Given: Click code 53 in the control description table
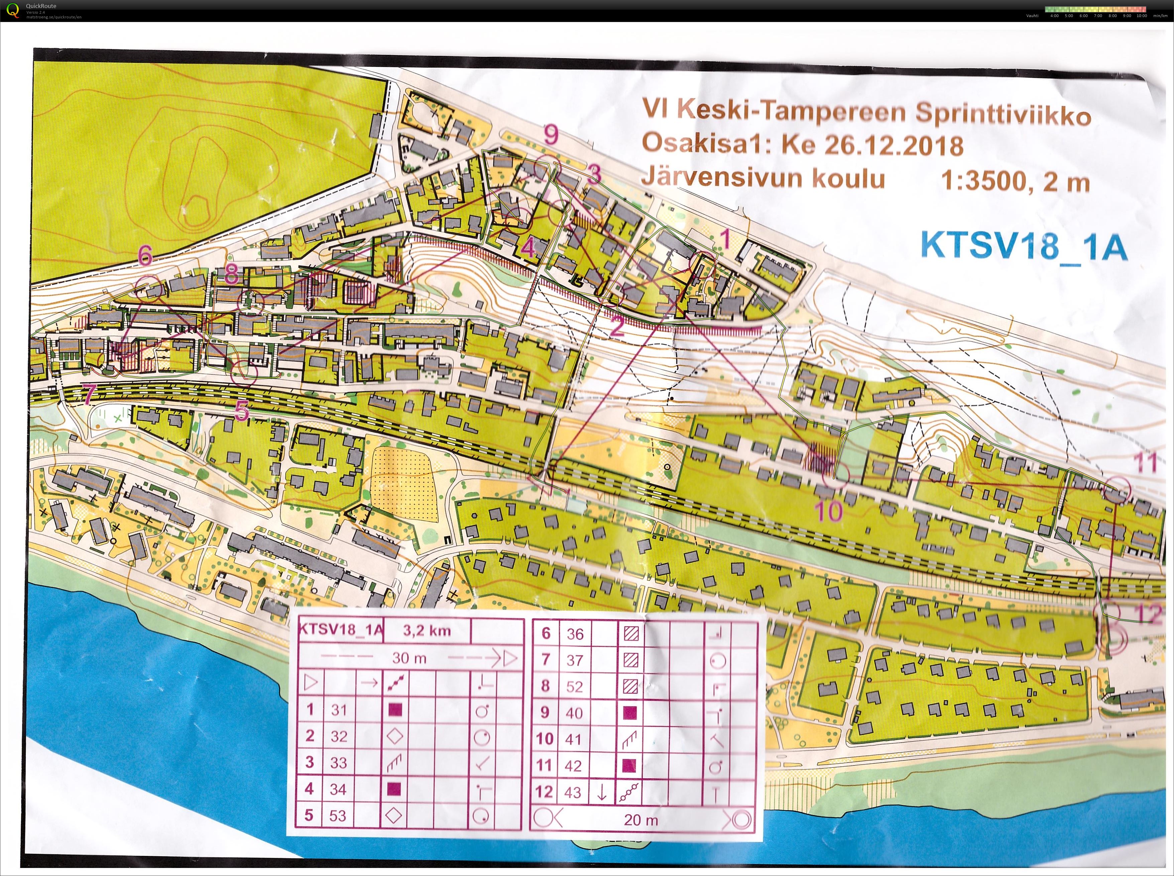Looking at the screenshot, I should tap(338, 815).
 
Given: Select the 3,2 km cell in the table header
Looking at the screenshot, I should tap(427, 630).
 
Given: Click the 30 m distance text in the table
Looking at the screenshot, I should tap(409, 658).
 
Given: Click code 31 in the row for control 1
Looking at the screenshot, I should tap(339, 709).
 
